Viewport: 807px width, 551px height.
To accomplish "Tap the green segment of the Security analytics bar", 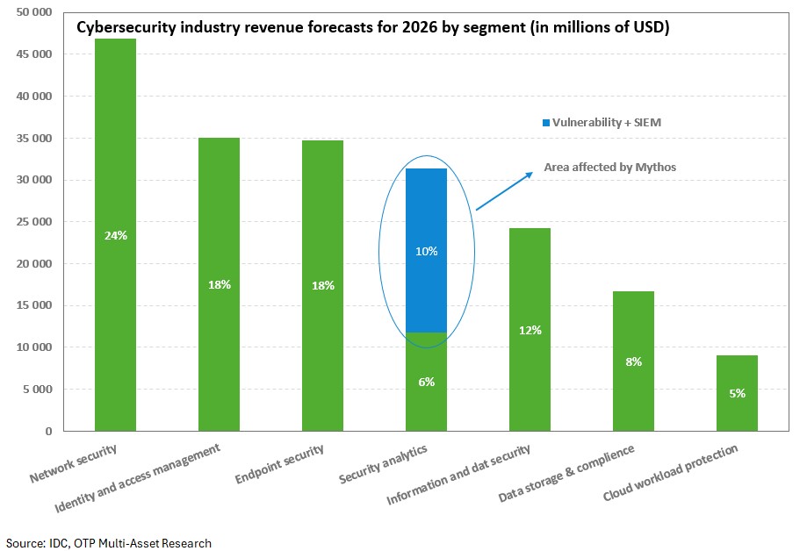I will coord(427,404).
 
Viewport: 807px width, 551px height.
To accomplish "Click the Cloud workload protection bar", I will coord(737,412).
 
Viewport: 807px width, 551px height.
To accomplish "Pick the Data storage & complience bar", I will coord(633,395).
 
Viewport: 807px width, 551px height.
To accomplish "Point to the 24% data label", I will coord(115,234).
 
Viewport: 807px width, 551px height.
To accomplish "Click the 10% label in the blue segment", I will coord(427,251).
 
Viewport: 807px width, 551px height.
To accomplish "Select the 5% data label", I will coord(737,393).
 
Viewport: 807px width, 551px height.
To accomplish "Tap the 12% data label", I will coord(530,330).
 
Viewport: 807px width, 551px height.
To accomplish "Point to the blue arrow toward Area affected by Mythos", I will coord(504,191).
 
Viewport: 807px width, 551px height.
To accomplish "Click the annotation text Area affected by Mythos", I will coord(610,167).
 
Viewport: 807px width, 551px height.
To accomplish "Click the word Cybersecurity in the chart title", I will coord(124,27).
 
